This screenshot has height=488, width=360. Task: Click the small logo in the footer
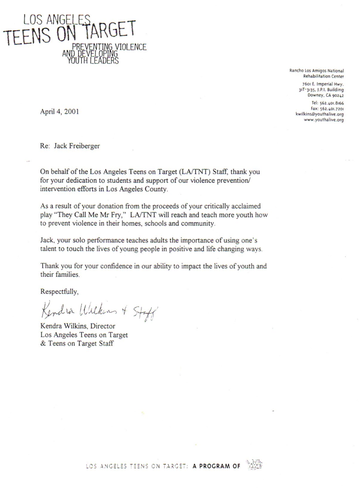(253, 465)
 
